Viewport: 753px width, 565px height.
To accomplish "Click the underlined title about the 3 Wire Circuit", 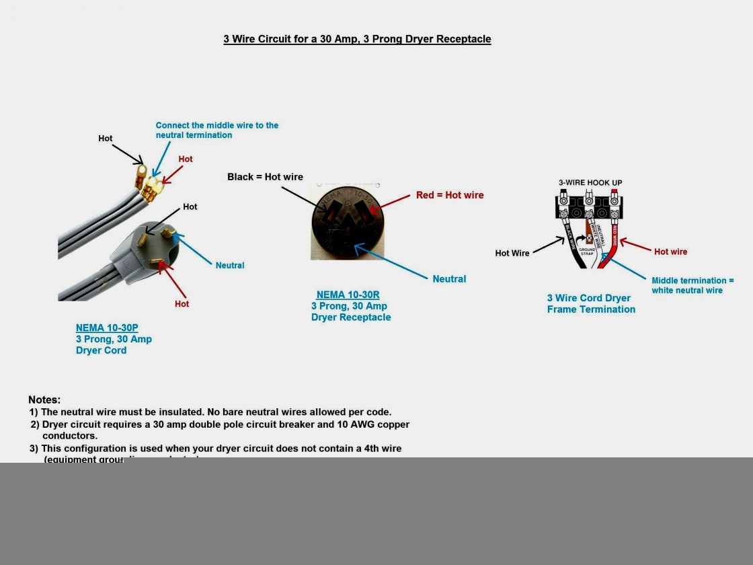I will pos(357,39).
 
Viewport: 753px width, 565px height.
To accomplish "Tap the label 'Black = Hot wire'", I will pos(265,177).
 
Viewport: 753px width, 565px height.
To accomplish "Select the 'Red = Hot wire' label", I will pos(449,195).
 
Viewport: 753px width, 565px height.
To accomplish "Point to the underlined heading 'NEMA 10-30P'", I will pos(107,328).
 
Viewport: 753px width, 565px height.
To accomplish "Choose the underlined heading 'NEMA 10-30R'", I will pos(348,295).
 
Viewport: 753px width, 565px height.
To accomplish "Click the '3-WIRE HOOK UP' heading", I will pos(590,183).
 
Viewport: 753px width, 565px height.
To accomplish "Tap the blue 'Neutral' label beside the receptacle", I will pos(449,279).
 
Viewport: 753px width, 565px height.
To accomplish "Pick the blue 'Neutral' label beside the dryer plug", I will pos(229,266).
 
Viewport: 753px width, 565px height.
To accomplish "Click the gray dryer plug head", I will pos(154,250).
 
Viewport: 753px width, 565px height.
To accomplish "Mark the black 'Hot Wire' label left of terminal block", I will pos(512,254).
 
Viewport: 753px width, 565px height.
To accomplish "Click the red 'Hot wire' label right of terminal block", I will pos(670,252).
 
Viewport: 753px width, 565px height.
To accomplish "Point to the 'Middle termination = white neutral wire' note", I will pos(692,285).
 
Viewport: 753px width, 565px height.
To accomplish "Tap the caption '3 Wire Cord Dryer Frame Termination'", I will pos(590,304).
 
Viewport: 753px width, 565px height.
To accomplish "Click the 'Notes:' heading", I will pos(44,400).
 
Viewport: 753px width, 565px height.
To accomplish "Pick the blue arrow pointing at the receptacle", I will pos(391,262).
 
